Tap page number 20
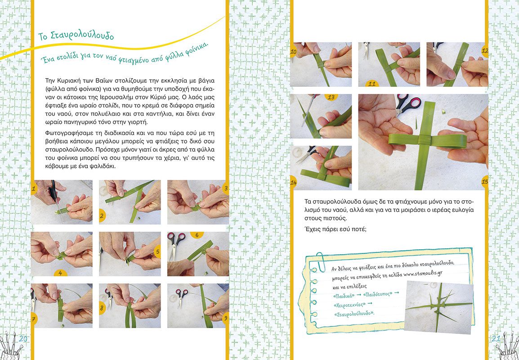(23, 338)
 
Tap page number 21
(496, 338)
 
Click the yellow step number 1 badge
(33, 189)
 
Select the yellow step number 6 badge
(197, 235)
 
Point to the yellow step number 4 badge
(61, 273)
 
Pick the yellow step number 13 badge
(331, 97)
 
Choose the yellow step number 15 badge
(485, 182)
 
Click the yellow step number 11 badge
(372, 83)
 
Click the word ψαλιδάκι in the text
(102, 166)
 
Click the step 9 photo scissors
(181, 296)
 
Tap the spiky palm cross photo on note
(438, 307)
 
